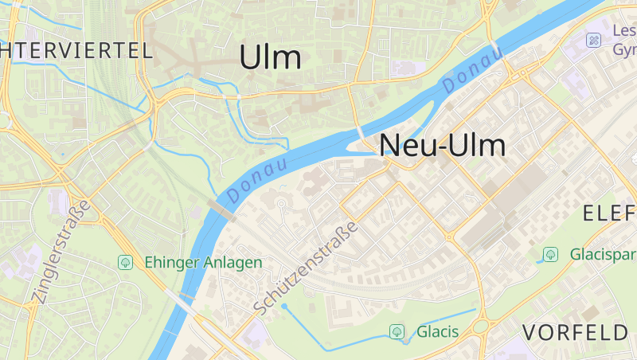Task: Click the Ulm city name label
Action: [271, 57]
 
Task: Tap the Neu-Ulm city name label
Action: [444, 145]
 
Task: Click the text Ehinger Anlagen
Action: [203, 262]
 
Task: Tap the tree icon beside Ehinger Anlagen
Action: [125, 262]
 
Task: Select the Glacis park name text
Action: [438, 331]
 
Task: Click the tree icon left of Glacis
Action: [397, 331]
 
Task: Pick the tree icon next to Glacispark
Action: [549, 255]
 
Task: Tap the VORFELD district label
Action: [576, 331]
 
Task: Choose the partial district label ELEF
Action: [609, 213]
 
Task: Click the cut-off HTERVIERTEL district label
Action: [76, 51]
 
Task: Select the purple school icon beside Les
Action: [593, 40]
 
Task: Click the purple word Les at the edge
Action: [624, 31]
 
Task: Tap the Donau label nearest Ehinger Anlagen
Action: [256, 181]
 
